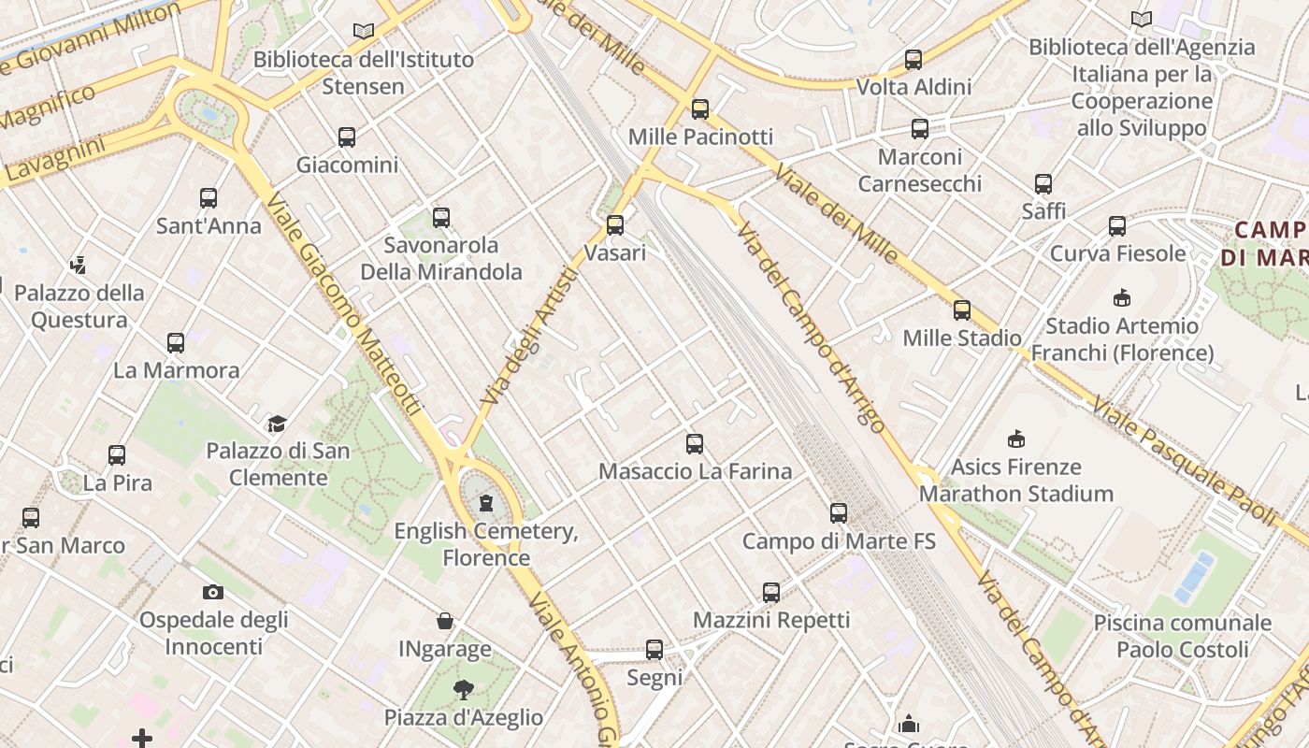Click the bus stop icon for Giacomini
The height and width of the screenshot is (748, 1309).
347,137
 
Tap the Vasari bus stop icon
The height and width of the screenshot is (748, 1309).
614,225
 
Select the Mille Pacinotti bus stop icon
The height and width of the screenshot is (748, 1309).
700,109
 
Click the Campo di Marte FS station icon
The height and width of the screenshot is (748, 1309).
839,513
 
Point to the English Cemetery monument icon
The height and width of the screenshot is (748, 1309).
485,504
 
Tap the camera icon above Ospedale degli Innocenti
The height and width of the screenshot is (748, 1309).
213,592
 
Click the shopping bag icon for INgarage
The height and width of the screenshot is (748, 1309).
445,621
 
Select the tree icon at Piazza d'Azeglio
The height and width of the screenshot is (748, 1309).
463,690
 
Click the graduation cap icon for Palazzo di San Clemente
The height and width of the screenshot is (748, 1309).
277,424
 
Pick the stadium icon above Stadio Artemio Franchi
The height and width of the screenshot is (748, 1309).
1122,298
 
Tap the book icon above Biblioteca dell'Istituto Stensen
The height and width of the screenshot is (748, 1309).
364,32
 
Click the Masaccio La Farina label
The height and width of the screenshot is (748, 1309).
695,471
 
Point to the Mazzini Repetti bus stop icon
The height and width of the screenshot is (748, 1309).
771,593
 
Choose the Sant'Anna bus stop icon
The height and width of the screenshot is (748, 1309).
209,198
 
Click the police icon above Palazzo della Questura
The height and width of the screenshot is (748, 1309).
79,266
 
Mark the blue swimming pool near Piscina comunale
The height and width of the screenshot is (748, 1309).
1195,576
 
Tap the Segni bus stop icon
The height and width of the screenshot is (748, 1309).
654,650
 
